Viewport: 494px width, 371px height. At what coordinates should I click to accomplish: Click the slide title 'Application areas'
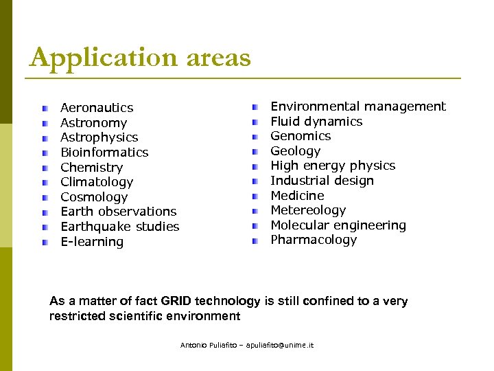[140, 58]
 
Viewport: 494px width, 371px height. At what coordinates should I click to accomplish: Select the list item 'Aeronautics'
[97, 108]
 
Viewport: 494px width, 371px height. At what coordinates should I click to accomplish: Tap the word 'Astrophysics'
[99, 137]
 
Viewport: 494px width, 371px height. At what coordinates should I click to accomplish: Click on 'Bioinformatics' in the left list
[104, 153]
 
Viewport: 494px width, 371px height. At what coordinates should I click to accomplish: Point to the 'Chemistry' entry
[91, 168]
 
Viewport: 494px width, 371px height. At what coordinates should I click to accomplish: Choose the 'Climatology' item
[97, 182]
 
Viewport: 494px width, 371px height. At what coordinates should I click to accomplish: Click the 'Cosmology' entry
[94, 197]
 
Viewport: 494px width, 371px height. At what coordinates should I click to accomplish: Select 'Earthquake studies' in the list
[119, 227]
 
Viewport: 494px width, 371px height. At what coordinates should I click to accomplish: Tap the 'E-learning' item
[92, 242]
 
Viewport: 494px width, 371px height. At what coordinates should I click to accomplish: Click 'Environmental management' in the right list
[357, 106]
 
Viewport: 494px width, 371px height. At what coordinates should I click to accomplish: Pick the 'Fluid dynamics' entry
[316, 122]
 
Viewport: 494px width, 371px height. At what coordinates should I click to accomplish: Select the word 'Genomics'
[301, 136]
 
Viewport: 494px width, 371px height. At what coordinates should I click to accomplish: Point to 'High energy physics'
[332, 166]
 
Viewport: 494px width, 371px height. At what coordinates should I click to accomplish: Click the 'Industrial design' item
[322, 181]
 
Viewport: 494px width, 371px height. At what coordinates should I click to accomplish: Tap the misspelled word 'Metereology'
[308, 210]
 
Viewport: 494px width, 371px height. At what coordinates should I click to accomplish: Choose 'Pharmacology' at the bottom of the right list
[314, 240]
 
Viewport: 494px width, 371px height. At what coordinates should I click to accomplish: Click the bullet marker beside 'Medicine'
[255, 196]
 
